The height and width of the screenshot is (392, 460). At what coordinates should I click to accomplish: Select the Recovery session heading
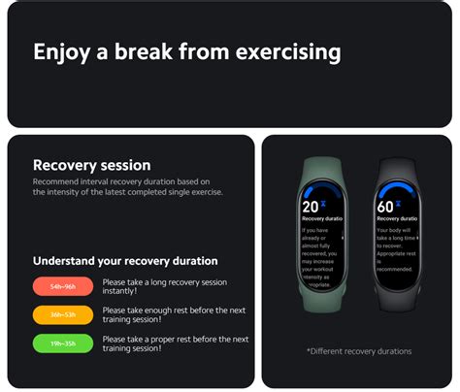point(91,165)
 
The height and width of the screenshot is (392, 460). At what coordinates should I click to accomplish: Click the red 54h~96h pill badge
point(63,287)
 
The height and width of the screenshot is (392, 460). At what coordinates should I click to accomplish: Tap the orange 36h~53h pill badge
point(63,314)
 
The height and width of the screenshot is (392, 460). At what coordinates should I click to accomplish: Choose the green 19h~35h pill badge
point(63,343)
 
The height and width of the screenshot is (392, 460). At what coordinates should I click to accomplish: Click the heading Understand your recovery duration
point(125,260)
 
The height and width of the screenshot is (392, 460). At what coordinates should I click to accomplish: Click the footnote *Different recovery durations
point(358,351)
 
